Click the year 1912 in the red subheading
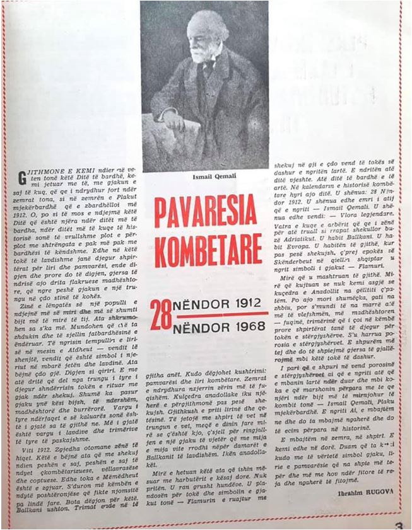click(x=244, y=304)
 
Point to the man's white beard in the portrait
click(x=199, y=56)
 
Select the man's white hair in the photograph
click(x=208, y=25)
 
